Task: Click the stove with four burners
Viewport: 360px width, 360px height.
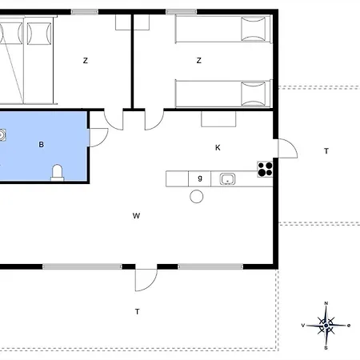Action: [x=265, y=170]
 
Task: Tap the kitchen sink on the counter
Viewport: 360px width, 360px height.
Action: [x=227, y=179]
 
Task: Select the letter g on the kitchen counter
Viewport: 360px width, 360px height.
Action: [x=200, y=178]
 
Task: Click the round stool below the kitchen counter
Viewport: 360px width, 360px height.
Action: [x=197, y=197]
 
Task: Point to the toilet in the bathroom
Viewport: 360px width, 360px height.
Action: [x=58, y=173]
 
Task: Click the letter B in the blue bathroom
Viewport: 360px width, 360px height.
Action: [x=42, y=145]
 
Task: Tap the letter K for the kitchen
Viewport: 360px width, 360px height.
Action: [x=218, y=147]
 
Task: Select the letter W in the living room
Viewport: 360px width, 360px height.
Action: [x=136, y=216]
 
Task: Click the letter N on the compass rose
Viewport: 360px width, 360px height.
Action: [x=326, y=303]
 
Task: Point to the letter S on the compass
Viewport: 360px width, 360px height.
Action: [x=326, y=348]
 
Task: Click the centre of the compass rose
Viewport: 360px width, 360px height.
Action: [x=326, y=326]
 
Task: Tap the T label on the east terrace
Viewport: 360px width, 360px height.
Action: [x=326, y=151]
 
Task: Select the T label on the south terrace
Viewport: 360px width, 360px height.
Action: [x=137, y=311]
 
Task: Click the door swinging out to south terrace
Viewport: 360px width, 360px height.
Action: [x=146, y=280]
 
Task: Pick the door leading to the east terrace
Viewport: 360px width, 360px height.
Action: [x=288, y=148]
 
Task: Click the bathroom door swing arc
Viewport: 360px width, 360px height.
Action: [x=99, y=138]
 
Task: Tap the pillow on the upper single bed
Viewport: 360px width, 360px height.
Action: [x=254, y=29]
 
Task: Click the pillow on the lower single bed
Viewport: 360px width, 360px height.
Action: [x=254, y=94]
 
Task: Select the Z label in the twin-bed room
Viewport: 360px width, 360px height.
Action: [x=199, y=61]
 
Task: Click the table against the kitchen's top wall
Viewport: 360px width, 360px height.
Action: [x=218, y=119]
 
